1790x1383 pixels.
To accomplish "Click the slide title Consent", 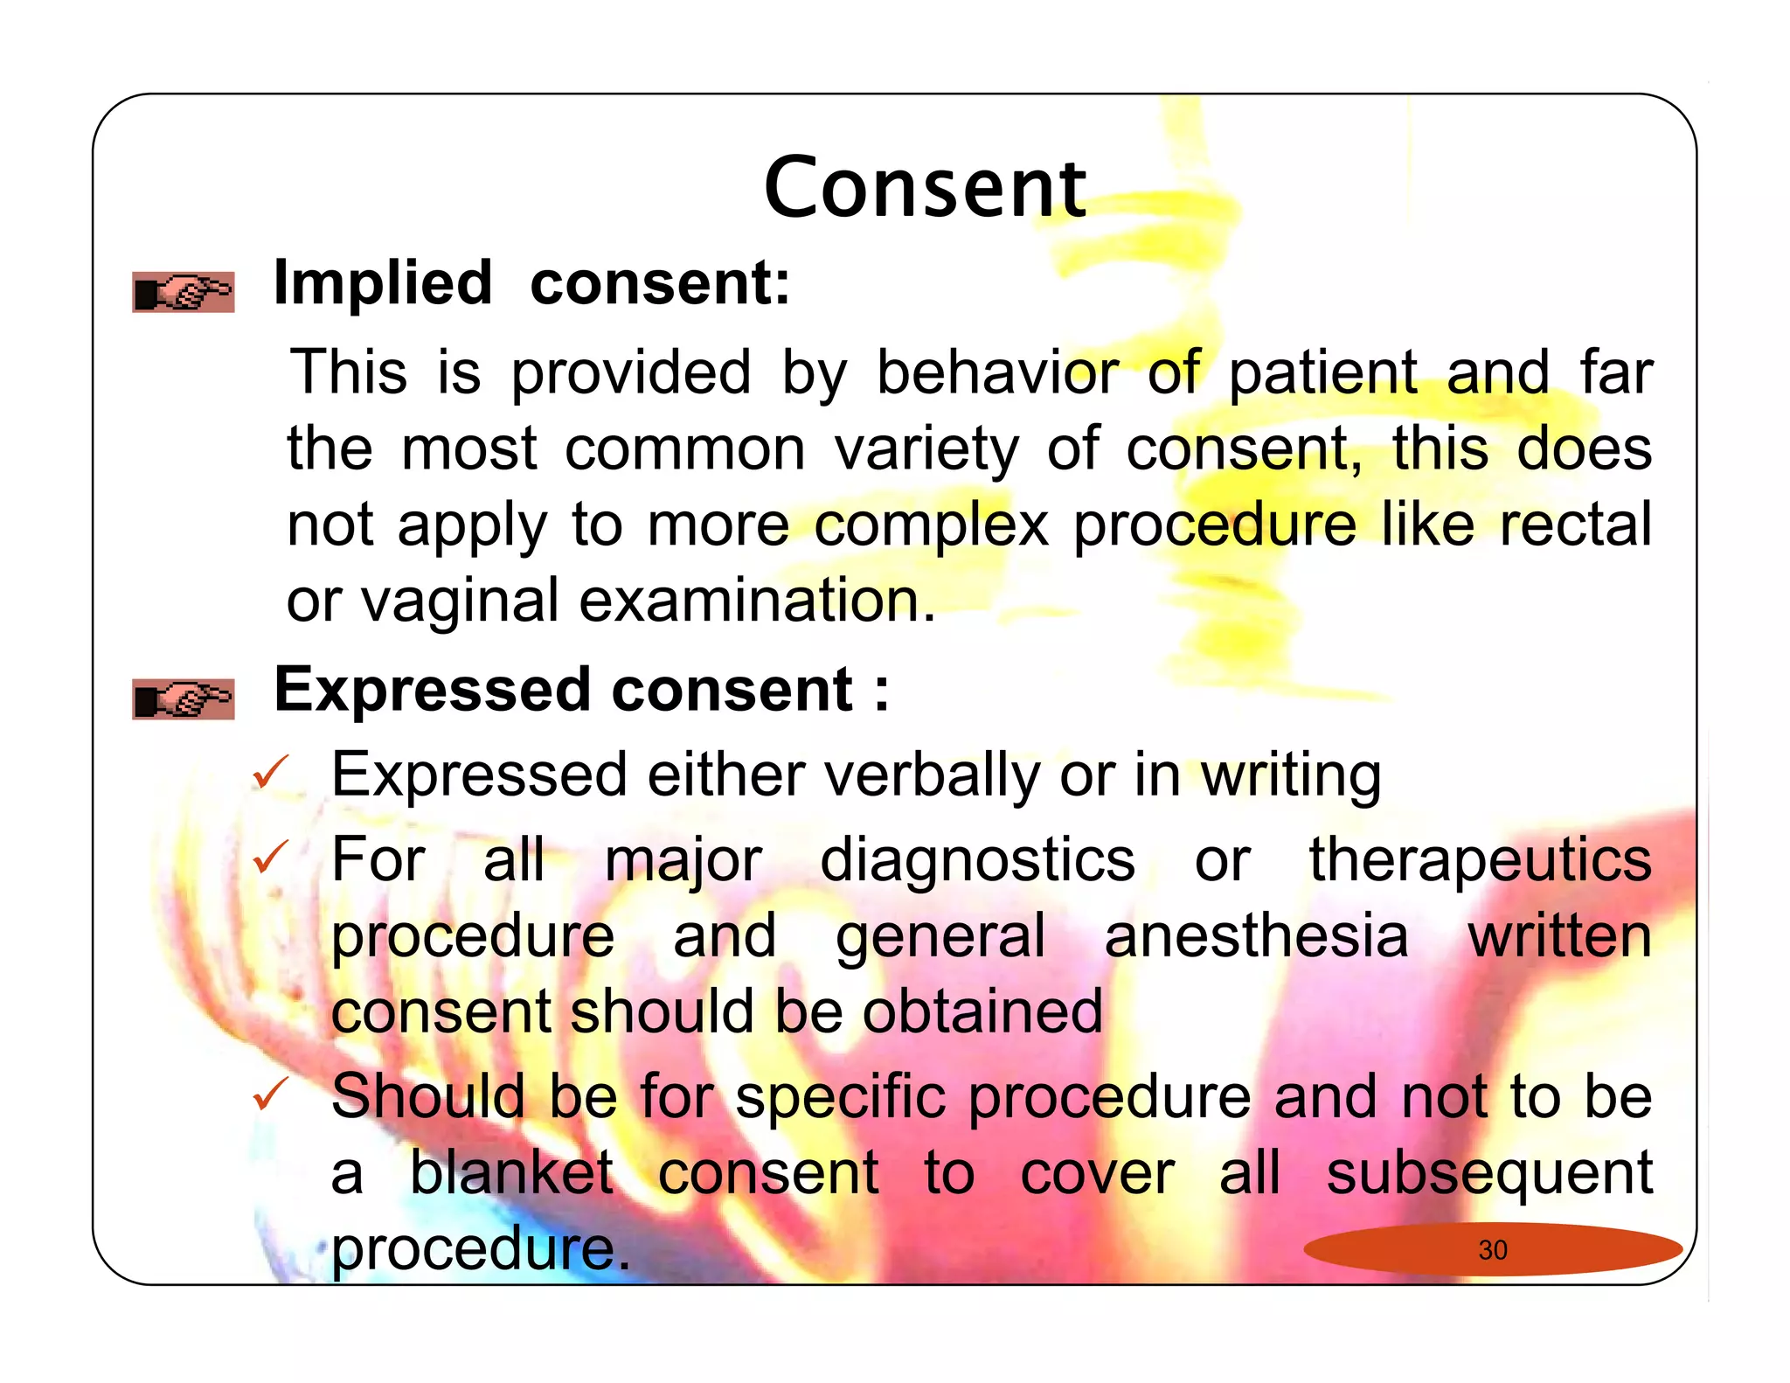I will point(925,188).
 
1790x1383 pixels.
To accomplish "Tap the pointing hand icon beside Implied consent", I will point(184,292).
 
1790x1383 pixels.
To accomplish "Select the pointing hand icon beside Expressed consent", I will point(184,699).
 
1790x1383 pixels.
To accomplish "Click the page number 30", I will point(1493,1250).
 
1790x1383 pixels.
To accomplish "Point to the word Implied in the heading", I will point(383,283).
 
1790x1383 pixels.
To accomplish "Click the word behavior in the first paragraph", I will point(997,372).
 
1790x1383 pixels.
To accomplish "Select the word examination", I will point(757,601).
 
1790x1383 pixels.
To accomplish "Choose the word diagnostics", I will point(977,860).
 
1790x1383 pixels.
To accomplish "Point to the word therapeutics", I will point(1480,860).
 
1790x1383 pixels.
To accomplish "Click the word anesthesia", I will point(1257,935).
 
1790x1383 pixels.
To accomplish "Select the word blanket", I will point(512,1172).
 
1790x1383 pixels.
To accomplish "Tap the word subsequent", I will point(1488,1174).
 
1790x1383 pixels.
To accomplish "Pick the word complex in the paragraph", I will point(931,526).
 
